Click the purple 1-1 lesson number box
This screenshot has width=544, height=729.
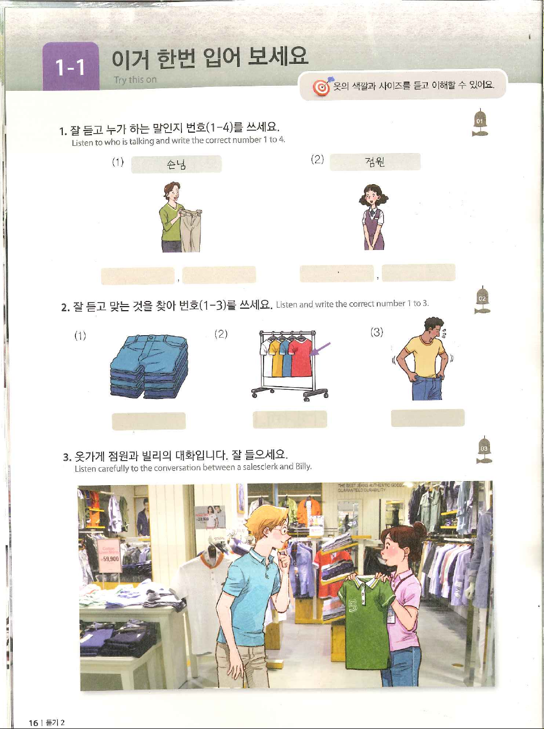pos(71,66)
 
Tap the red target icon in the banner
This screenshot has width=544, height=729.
pos(321,87)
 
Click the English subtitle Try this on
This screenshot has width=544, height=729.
pos(135,80)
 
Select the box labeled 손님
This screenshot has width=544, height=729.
pos(176,164)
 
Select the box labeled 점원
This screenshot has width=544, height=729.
pos(375,162)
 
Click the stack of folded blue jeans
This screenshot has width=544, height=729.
pos(149,366)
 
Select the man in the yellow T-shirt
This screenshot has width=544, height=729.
pos(424,359)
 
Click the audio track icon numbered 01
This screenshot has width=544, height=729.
pos(480,122)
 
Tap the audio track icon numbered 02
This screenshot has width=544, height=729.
pos(482,299)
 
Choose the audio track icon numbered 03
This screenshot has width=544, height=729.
pos(484,449)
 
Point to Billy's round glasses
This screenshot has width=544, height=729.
pos(281,531)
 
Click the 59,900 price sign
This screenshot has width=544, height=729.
pos(110,558)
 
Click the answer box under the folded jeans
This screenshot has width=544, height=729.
pos(149,421)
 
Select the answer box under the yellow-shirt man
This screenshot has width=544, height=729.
pos(428,418)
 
